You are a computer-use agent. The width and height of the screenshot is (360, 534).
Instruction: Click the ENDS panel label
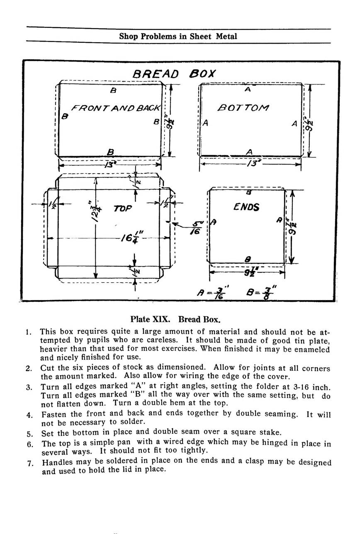(246, 206)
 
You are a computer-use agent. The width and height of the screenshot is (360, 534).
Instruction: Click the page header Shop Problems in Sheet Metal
(178, 36)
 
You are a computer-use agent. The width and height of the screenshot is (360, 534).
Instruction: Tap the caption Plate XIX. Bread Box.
(175, 320)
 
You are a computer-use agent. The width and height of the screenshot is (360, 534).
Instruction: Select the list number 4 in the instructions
(29, 414)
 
